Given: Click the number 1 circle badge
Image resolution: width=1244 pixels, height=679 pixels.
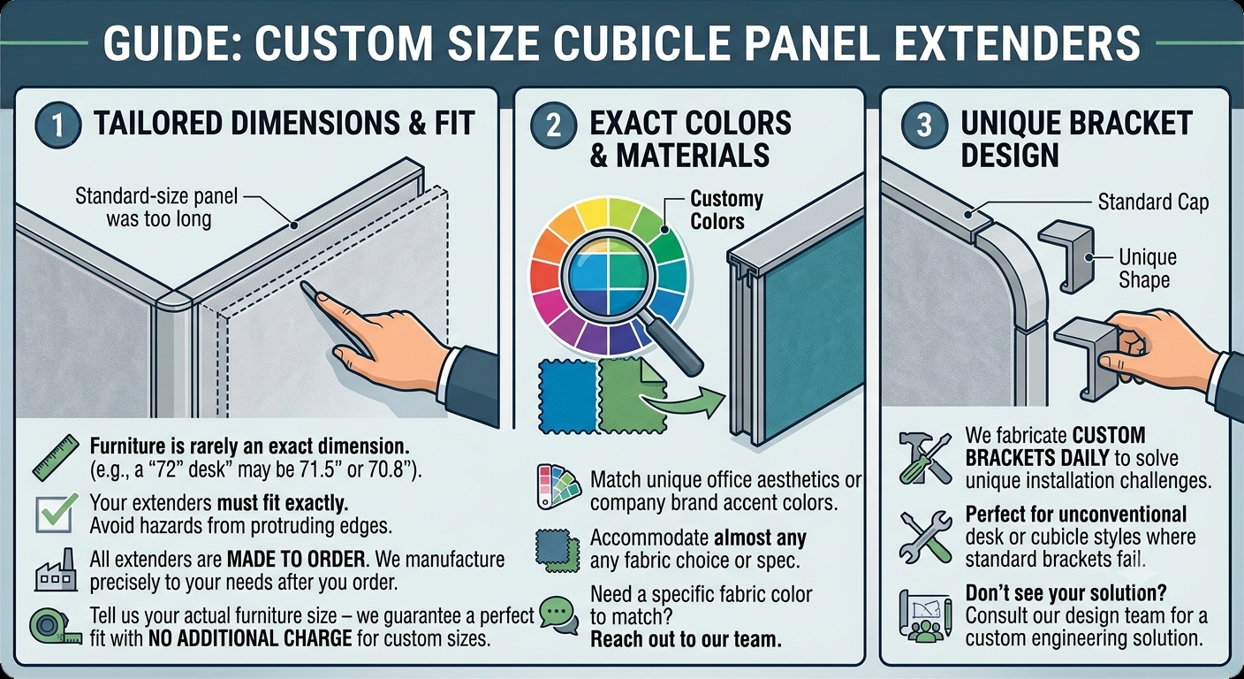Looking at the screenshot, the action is point(57,126).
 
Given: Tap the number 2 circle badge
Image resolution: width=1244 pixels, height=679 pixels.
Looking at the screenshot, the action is point(553,126).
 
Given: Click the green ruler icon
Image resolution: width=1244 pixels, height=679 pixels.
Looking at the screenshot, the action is point(56,457).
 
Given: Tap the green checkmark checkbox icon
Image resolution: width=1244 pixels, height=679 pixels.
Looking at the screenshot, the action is point(56,514).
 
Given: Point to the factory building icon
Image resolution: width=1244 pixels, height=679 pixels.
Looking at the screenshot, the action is point(56,569).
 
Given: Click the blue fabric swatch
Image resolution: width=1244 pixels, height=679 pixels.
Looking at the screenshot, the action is point(568,396).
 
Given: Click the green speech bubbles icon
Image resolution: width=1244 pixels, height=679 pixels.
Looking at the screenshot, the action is point(559,615).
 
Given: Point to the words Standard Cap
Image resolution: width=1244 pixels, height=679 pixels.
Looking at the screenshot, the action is point(1153,202).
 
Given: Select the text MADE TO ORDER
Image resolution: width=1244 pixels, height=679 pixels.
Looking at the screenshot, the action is point(297,559).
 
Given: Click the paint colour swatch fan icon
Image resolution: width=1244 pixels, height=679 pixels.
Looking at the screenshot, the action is point(558,487).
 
